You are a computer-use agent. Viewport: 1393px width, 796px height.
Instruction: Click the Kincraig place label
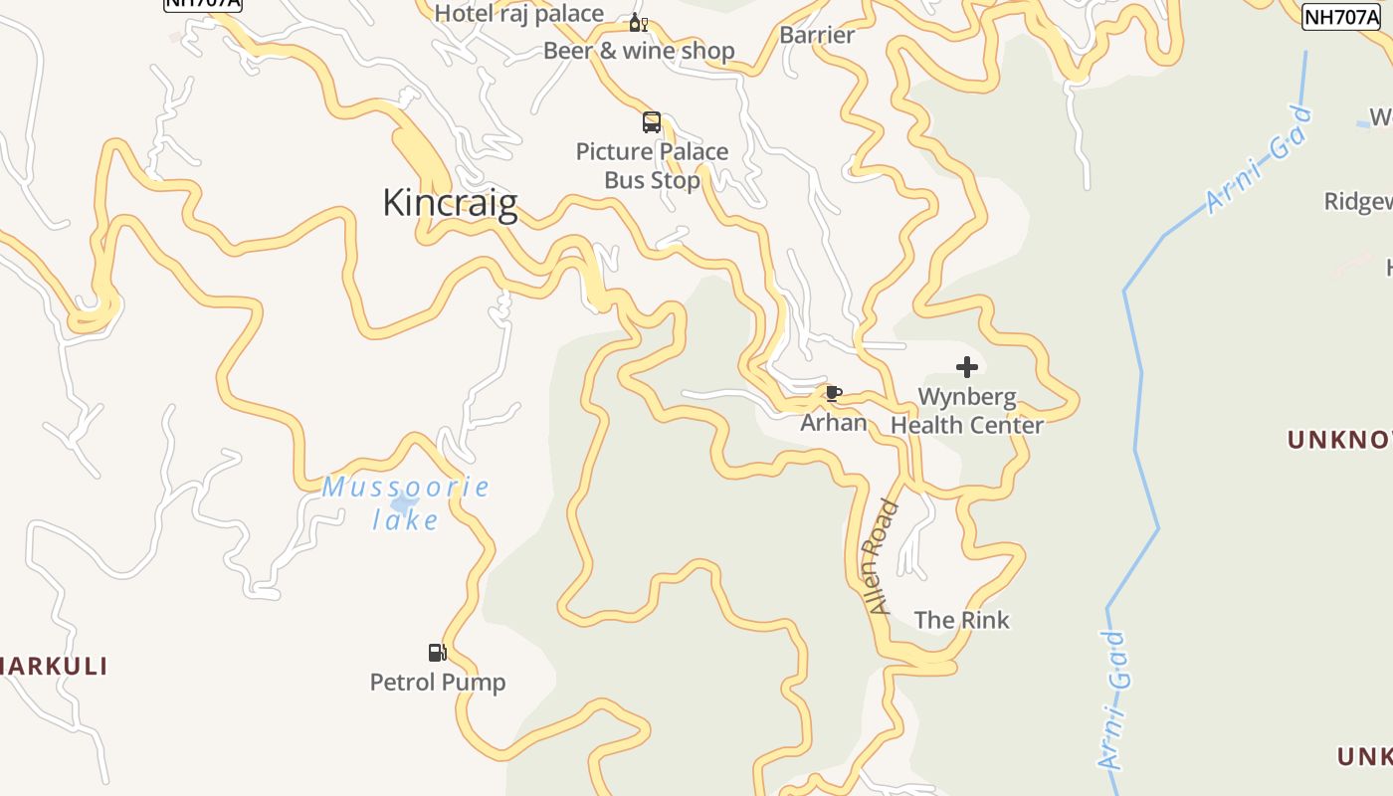click(450, 203)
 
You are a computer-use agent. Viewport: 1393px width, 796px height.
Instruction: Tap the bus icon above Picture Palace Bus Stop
click(652, 122)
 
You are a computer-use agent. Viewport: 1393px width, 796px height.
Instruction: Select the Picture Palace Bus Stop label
click(652, 166)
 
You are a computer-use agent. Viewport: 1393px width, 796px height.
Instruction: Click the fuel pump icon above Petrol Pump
click(437, 653)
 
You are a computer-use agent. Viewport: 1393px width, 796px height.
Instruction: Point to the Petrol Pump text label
click(438, 683)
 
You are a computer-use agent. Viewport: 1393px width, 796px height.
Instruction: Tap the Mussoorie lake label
click(405, 503)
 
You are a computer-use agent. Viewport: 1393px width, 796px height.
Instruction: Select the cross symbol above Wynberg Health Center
click(966, 367)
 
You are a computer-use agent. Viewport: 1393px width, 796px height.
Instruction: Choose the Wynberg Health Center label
click(966, 411)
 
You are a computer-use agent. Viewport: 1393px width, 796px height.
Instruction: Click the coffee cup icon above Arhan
click(834, 394)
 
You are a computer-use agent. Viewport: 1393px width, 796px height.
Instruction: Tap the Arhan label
click(834, 423)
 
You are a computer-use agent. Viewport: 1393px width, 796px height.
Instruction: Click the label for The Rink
click(961, 620)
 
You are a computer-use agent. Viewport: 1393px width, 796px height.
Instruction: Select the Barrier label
click(817, 35)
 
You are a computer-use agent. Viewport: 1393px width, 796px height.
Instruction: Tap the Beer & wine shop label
click(639, 51)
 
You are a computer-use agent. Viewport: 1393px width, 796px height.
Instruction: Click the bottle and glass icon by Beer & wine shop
click(638, 22)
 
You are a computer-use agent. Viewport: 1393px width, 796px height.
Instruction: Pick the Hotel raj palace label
click(519, 13)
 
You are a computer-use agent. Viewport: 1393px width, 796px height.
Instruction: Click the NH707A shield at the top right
click(1341, 16)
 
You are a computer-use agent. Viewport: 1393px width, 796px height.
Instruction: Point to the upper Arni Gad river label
click(1259, 160)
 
